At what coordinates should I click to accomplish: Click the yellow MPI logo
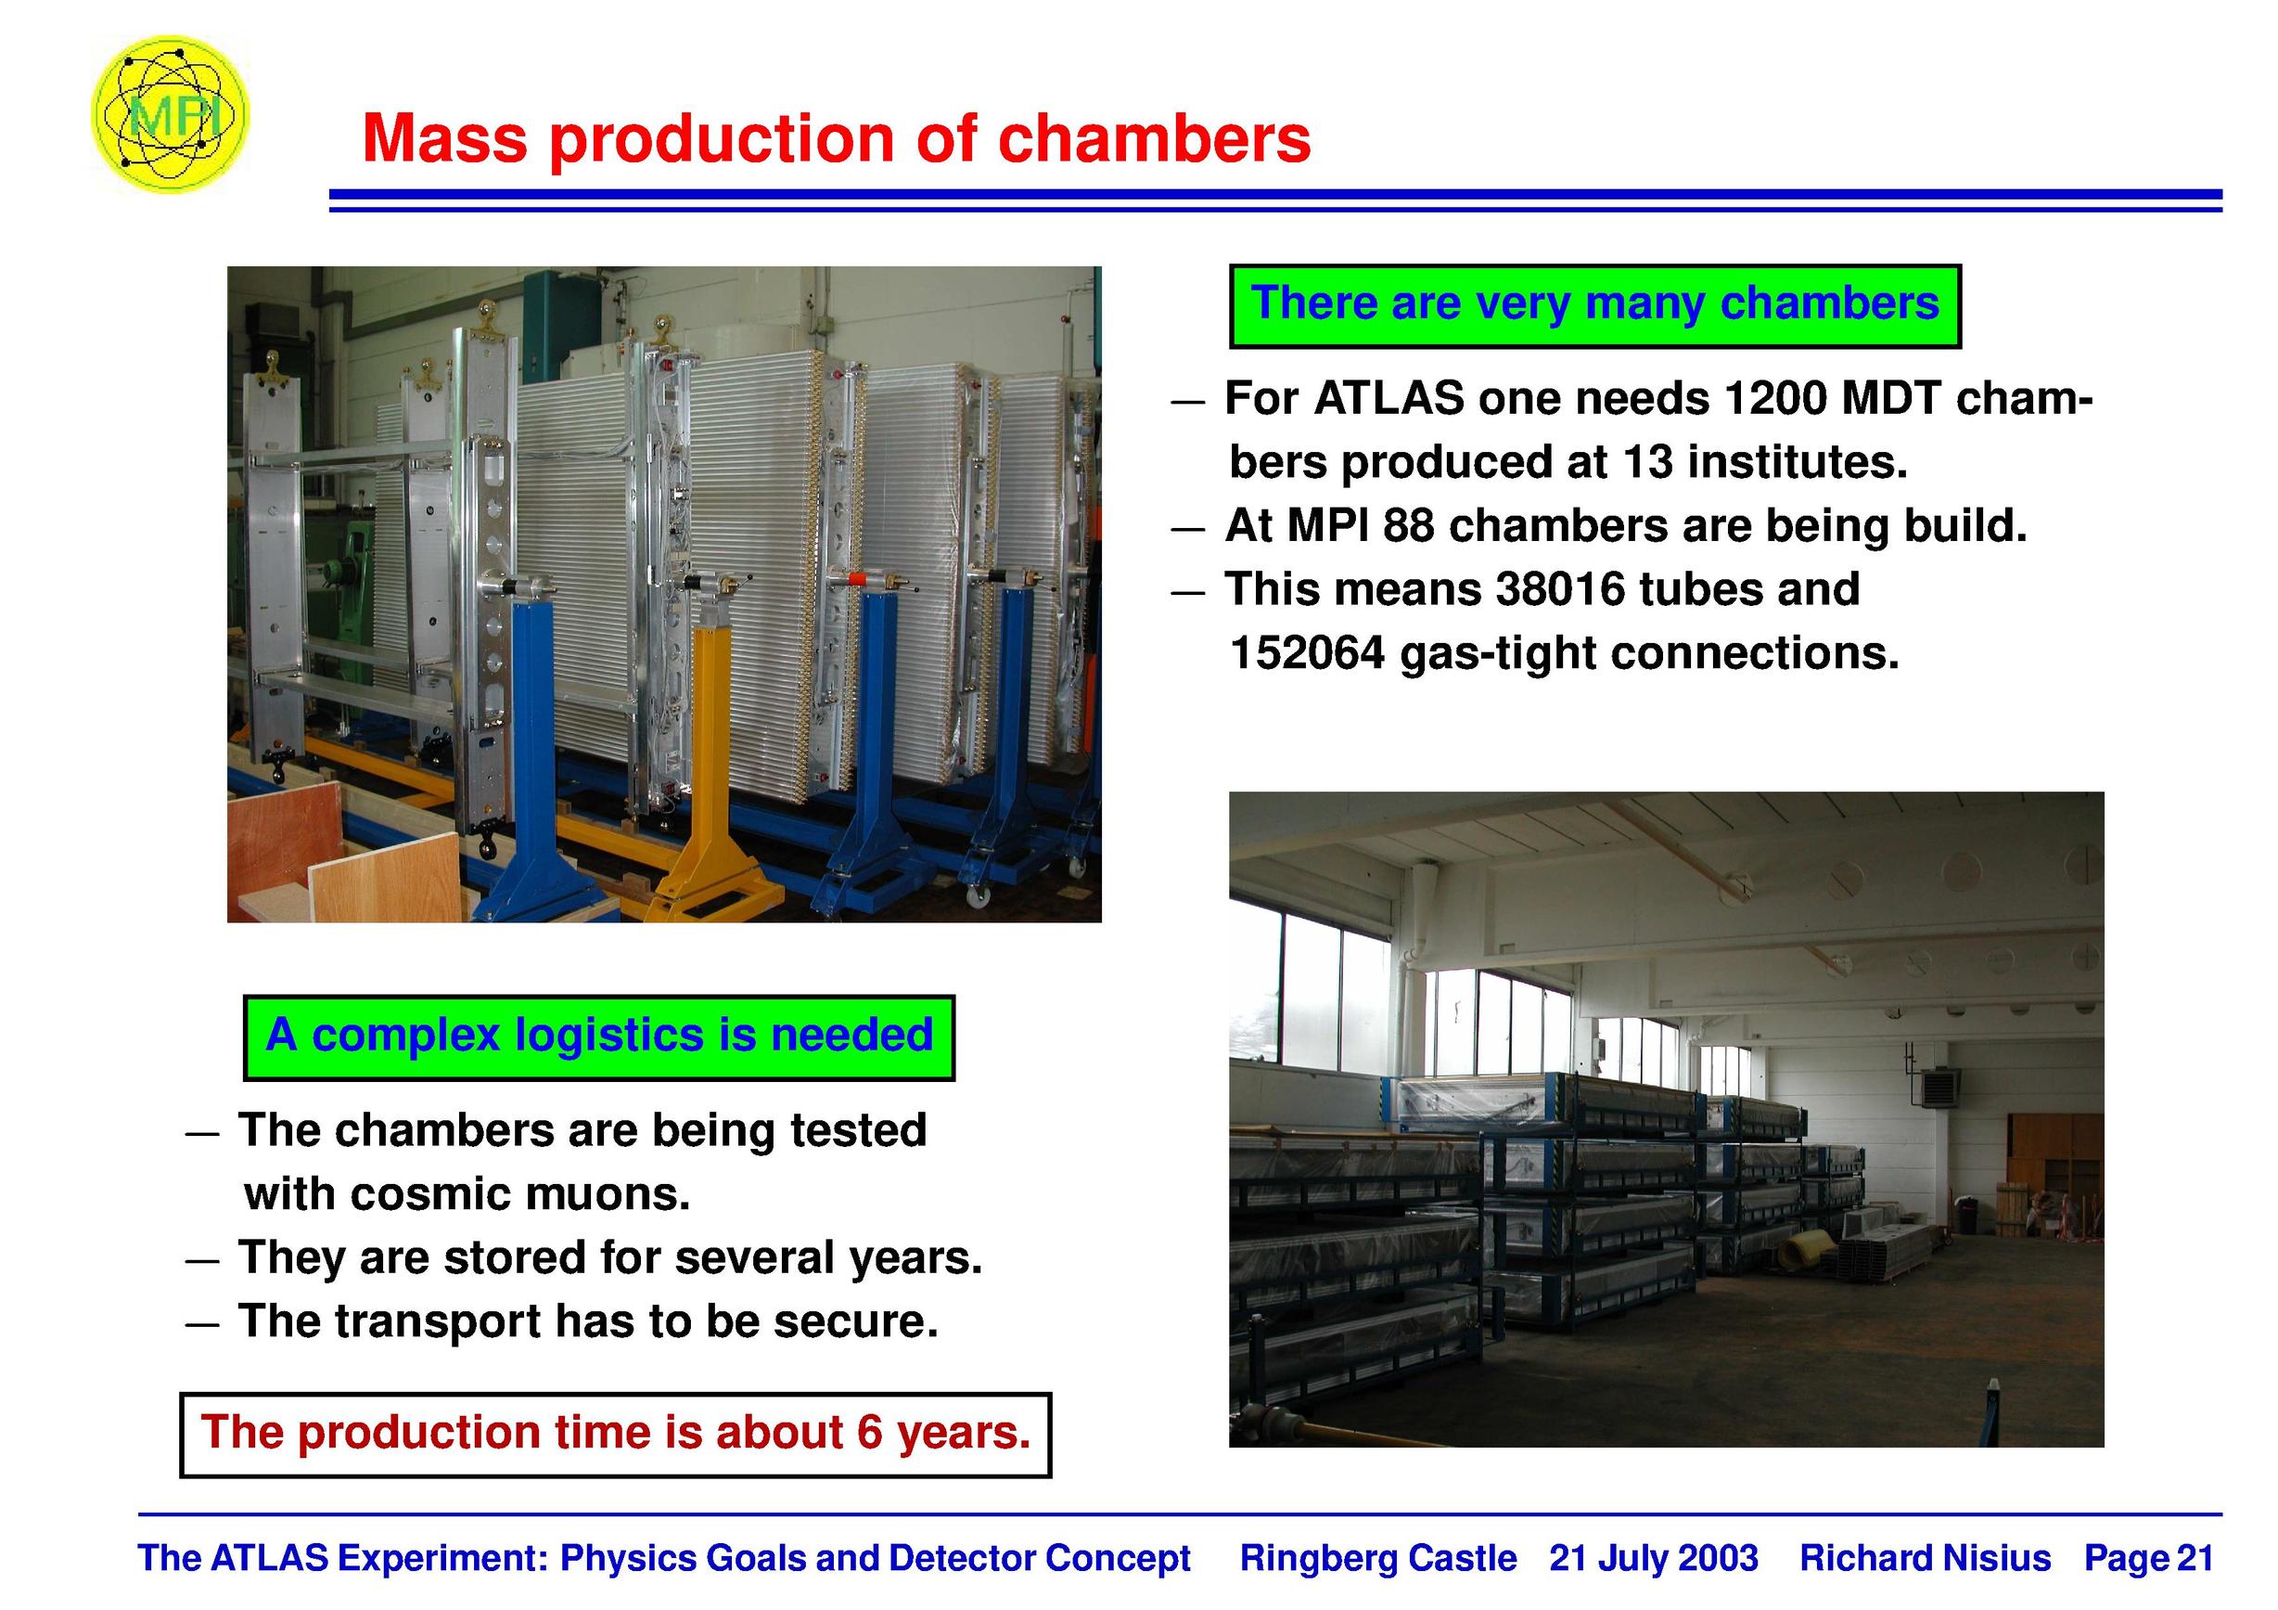170,115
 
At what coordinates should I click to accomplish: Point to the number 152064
1307,653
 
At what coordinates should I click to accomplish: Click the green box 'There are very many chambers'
1594,305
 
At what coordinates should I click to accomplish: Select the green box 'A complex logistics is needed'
599,1037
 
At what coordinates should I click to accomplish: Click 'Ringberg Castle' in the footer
1378,1558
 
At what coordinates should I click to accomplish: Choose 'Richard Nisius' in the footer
1925,1558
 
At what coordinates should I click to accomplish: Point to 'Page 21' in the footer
2149,1558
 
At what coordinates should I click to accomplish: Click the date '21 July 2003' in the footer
1654,1558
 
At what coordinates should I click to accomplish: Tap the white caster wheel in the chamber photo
978,895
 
